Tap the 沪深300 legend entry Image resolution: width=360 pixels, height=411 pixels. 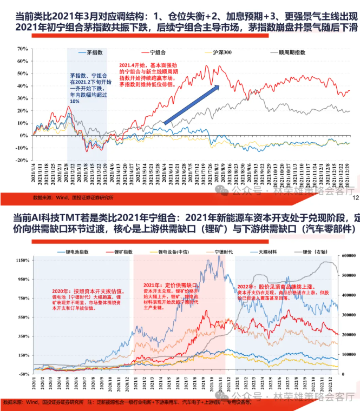pos(221,53)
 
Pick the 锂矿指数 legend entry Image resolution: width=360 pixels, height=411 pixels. pos(125,253)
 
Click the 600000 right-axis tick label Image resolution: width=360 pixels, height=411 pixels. pos(348,275)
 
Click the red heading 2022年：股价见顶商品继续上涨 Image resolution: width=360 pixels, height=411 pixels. pos(269,286)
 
